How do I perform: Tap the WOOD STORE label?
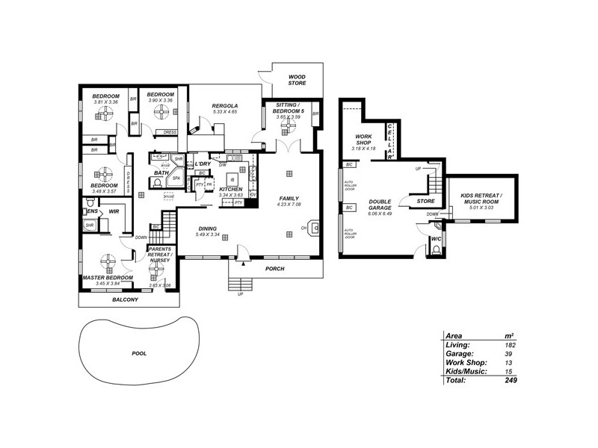(298, 79)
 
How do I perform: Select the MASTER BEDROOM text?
(108, 278)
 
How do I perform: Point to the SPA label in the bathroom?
(176, 179)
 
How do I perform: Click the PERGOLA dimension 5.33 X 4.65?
(224, 112)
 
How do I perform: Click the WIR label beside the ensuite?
(114, 212)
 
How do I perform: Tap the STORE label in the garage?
(425, 200)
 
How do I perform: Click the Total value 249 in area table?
(511, 380)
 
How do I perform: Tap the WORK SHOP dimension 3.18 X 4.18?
(363, 149)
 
